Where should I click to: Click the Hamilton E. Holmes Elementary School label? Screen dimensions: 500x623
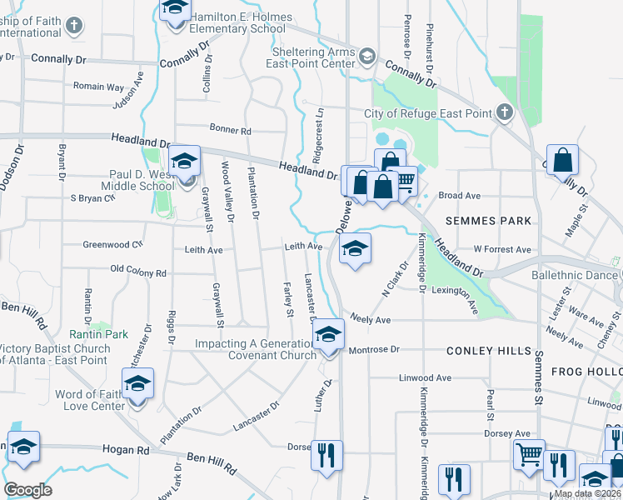click(x=242, y=22)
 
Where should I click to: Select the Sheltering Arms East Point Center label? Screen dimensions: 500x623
click(x=311, y=57)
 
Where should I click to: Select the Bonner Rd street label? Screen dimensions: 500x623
click(x=230, y=131)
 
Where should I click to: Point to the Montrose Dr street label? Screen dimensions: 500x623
click(x=374, y=350)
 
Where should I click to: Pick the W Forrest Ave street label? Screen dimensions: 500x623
click(x=501, y=249)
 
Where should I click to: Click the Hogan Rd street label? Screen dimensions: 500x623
click(x=125, y=449)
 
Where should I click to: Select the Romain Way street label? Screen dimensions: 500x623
click(x=99, y=87)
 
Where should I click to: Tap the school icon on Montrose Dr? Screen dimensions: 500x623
click(x=329, y=335)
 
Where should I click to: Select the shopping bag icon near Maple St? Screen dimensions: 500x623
click(x=563, y=158)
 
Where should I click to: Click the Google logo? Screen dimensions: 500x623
click(x=27, y=490)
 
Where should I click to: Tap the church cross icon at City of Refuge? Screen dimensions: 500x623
click(x=504, y=112)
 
